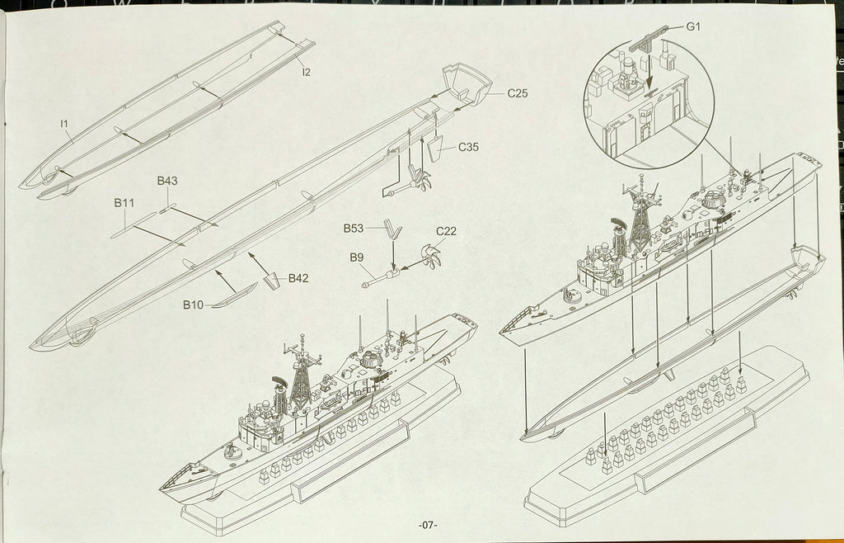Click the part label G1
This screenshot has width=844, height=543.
coord(692,26)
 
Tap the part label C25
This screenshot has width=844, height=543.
coord(517,93)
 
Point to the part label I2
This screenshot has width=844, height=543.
coord(306,72)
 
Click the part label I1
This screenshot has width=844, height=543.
coord(64,124)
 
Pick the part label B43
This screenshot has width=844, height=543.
coord(167,181)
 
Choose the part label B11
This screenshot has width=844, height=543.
coord(124,202)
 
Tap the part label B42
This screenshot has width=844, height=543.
coord(298,278)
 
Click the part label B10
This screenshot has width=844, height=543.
coord(193,305)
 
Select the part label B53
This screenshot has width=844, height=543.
coord(354,227)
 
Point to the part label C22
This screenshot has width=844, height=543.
coord(446,231)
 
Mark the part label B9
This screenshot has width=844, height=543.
coord(356,257)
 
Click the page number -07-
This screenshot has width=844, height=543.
coord(428,525)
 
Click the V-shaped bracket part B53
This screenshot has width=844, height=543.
coord(395,231)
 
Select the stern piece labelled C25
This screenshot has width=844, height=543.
coord(465,83)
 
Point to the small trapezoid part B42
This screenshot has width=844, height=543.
coord(270,283)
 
